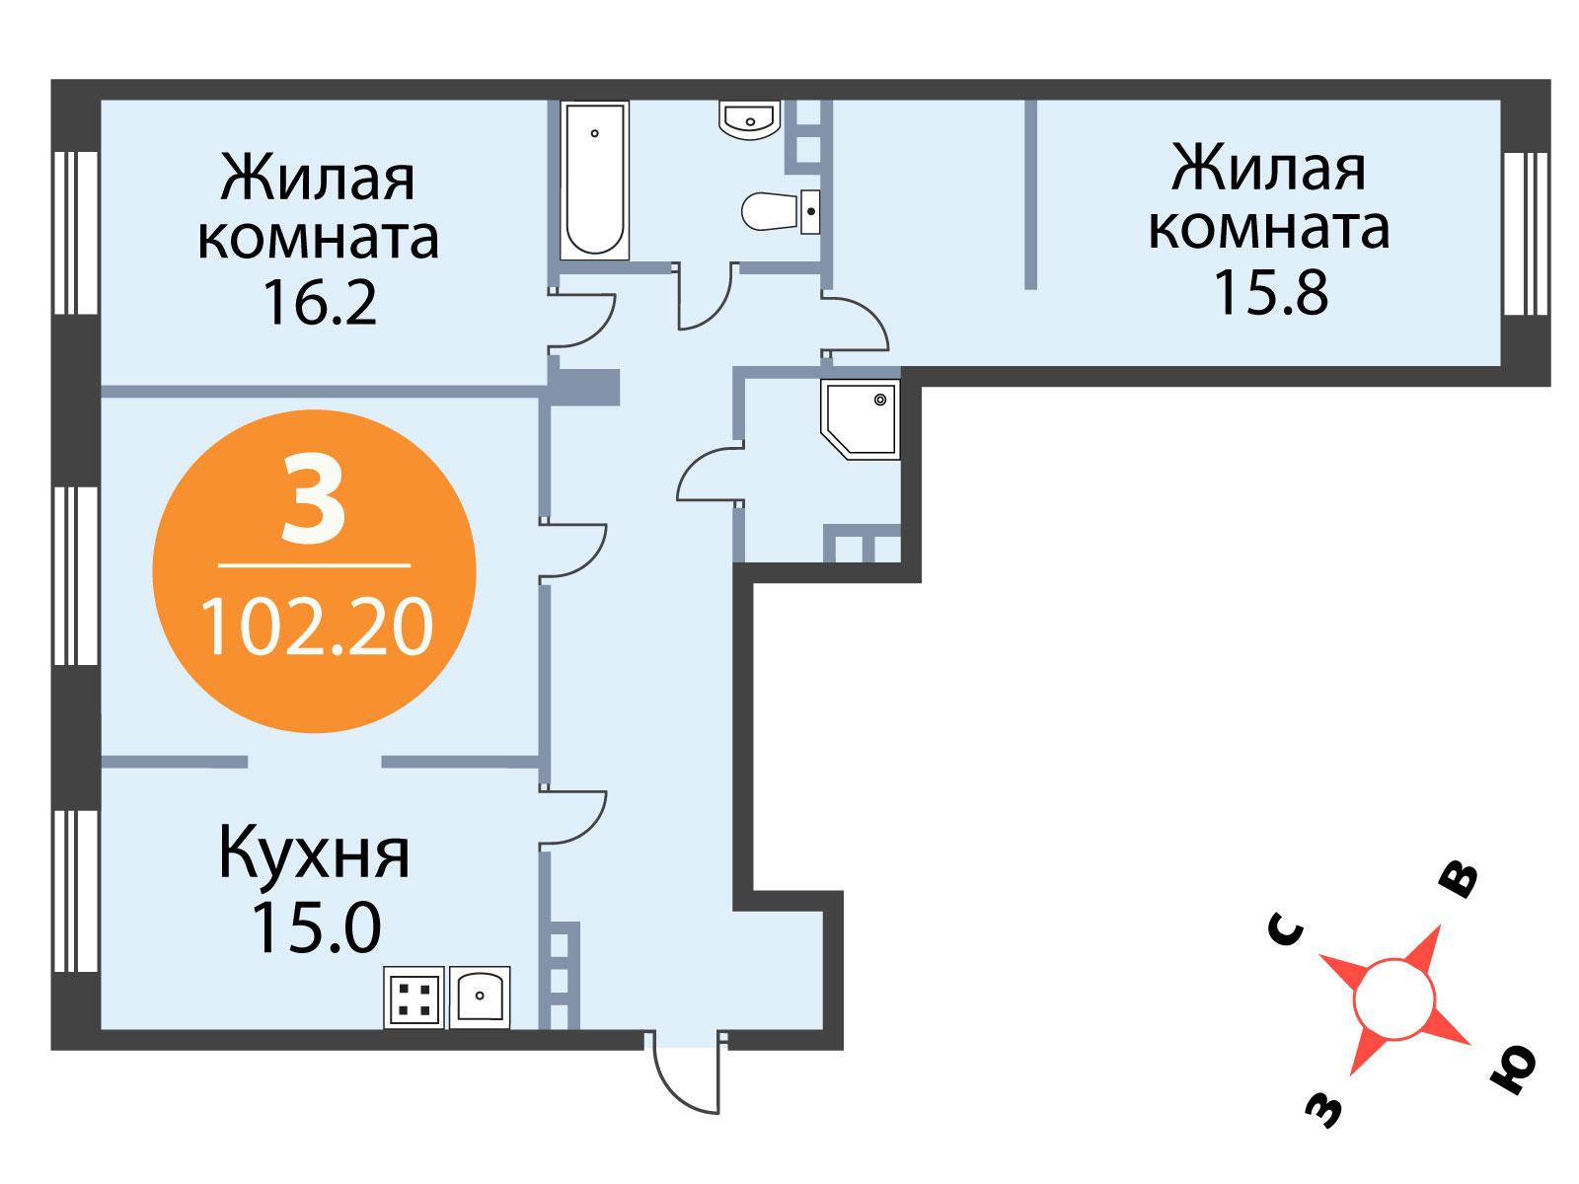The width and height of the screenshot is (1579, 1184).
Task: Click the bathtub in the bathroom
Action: tap(594, 180)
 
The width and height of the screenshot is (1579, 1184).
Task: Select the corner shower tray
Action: tap(861, 420)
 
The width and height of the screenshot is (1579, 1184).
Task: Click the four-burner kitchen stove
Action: tap(414, 998)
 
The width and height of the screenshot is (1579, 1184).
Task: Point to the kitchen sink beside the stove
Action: tap(480, 998)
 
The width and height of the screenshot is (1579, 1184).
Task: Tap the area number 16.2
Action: tap(320, 303)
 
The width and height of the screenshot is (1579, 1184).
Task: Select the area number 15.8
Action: tap(1270, 293)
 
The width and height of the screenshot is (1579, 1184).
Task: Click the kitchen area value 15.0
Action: tap(316, 928)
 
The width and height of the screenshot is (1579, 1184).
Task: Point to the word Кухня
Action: tap(315, 853)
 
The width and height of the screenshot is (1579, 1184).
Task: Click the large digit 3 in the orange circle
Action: tap(314, 500)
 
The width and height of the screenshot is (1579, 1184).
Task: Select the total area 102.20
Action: tap(317, 628)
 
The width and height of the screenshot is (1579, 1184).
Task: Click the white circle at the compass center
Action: tap(1393, 999)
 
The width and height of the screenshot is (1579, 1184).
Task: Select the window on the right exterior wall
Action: tap(1525, 234)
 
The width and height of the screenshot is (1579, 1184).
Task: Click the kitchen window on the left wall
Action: tap(76, 891)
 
